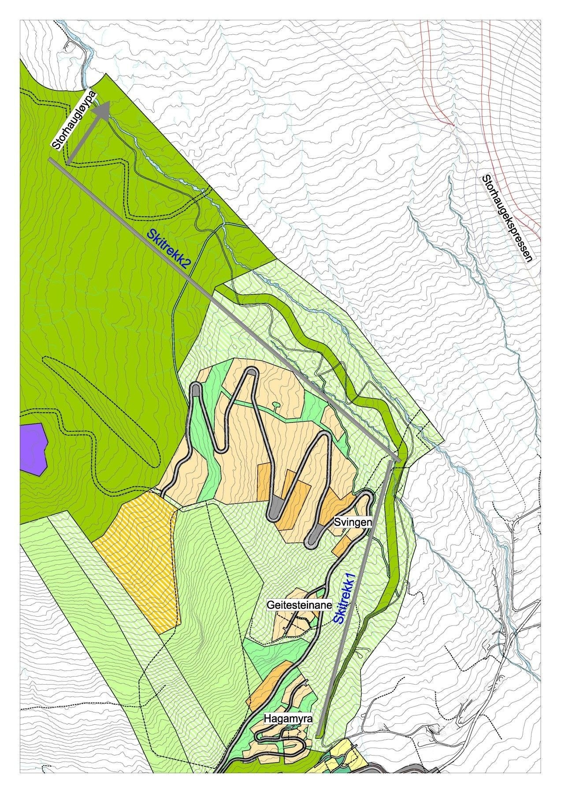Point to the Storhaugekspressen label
507,219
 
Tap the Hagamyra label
288,719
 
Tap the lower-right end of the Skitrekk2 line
398,460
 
